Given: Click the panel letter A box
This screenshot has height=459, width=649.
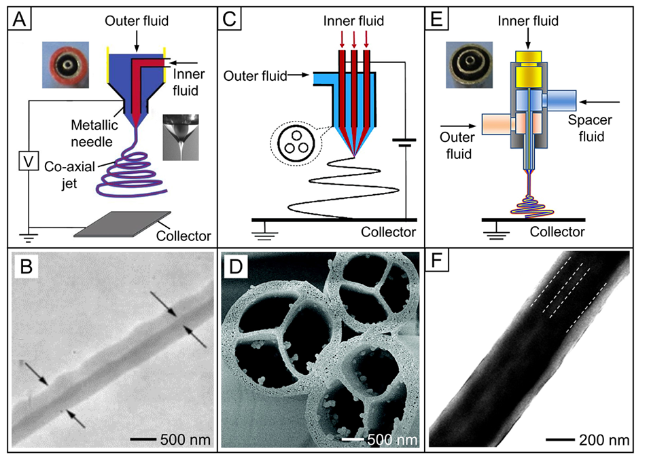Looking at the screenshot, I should pos(18,18).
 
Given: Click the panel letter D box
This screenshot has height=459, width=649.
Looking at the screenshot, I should pos(235,266).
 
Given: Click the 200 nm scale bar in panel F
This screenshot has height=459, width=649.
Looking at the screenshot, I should pos(561,439).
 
